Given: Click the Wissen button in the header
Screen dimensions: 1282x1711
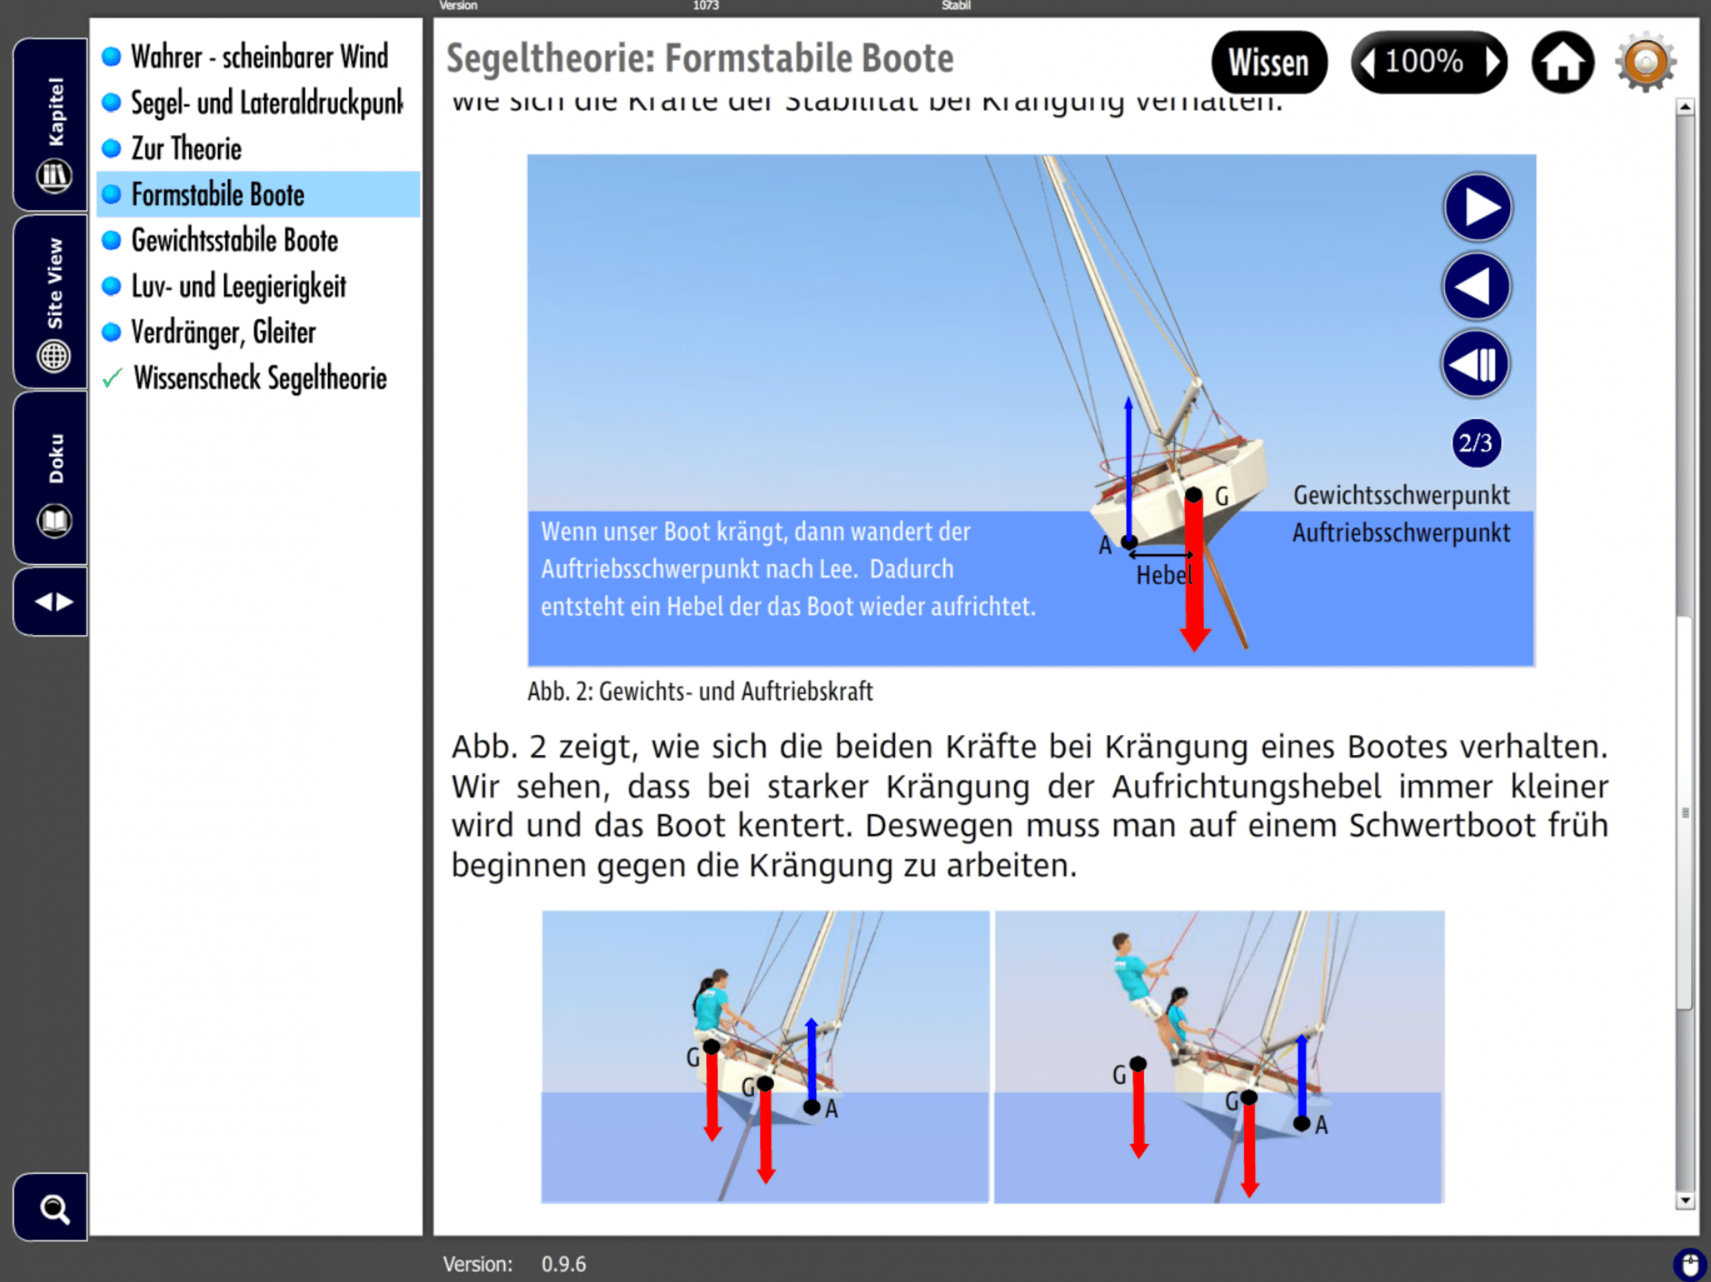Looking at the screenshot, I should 1268,63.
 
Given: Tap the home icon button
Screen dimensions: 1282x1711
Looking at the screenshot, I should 1562,63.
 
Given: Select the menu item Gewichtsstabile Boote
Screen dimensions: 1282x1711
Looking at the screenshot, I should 235,241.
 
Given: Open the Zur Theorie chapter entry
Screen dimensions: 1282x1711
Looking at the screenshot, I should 186,148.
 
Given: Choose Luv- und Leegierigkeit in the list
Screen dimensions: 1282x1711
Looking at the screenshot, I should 238,287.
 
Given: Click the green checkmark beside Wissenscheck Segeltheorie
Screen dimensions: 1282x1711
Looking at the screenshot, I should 112,378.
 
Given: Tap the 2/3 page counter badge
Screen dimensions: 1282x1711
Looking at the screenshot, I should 1475,443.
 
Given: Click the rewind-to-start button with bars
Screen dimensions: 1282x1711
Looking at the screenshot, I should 1475,364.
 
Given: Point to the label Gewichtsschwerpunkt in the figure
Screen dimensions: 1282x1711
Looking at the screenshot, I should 1401,496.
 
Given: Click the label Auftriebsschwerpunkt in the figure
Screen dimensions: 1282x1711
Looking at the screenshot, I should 1401,532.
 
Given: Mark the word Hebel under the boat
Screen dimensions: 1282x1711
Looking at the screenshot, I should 1162,575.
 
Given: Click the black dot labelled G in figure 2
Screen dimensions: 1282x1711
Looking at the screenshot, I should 1194,495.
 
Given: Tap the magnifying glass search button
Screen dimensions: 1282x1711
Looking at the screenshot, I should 53,1208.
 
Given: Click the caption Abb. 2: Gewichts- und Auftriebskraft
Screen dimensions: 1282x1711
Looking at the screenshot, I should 699,691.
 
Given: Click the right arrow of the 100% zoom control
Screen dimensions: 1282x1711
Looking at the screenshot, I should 1492,63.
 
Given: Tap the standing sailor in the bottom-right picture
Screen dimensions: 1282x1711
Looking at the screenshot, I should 1134,976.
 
